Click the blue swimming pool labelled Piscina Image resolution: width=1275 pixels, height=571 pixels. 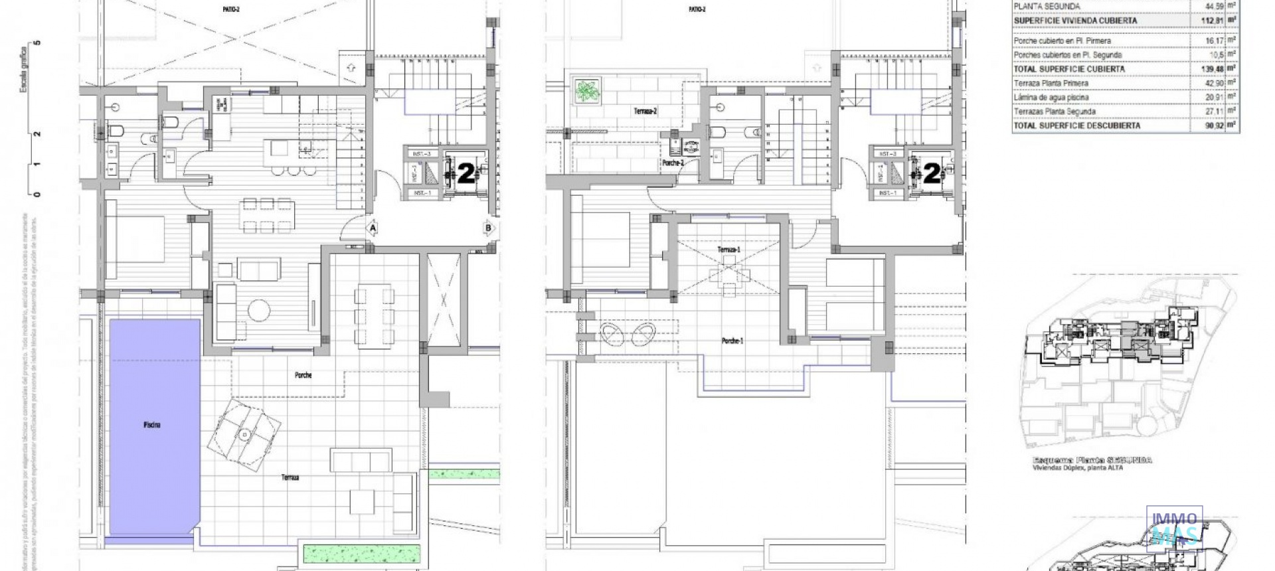click(154, 425)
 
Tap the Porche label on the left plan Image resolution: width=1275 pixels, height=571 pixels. click(303, 375)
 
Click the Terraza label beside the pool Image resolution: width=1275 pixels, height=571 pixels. click(290, 477)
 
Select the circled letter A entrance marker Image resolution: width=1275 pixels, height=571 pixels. click(373, 228)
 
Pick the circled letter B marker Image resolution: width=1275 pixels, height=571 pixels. click(489, 228)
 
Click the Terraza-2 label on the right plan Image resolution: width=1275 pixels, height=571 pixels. click(645, 112)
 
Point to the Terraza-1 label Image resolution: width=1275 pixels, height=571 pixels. click(728, 250)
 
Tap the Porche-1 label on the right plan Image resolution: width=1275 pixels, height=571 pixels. click(732, 341)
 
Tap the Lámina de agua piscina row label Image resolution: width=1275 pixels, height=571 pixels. click(1051, 98)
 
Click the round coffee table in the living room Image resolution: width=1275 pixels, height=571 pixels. click(259, 309)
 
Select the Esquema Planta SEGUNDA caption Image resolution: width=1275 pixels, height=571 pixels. click(1092, 460)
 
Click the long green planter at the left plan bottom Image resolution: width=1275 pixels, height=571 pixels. click(363, 551)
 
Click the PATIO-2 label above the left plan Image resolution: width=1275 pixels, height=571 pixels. click(230, 9)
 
